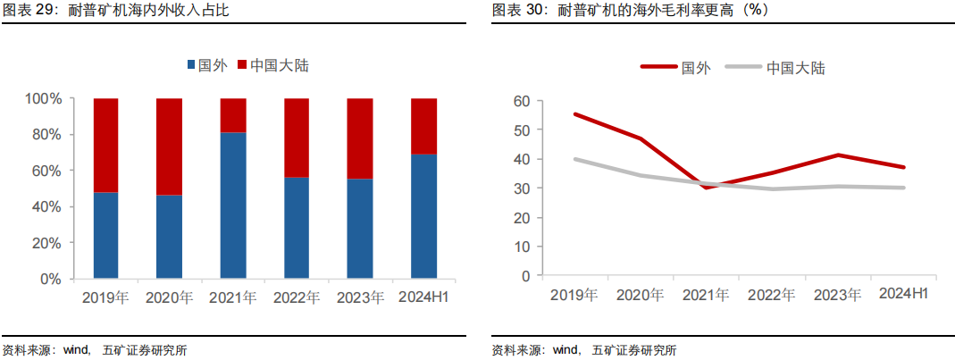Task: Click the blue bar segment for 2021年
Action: [233, 205]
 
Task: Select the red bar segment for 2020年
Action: [170, 147]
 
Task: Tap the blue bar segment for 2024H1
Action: [424, 217]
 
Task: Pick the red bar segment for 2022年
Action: [297, 138]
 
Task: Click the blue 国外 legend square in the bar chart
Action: [191, 64]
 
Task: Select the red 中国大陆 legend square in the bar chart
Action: [242, 64]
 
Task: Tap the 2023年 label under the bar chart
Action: [360, 297]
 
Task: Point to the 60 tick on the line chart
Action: [522, 101]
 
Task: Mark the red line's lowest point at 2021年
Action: [707, 188]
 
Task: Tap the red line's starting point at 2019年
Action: [575, 114]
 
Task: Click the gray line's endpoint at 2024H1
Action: [903, 188]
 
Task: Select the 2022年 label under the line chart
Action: [772, 296]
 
